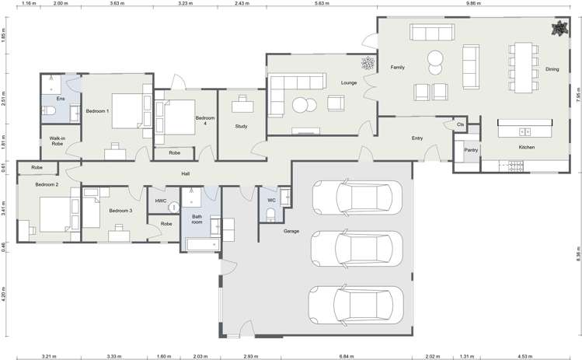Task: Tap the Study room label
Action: [241, 125]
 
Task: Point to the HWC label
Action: [161, 201]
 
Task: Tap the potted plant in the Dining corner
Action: [558, 30]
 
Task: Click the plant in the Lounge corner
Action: [367, 65]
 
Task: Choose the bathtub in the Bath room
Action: [200, 244]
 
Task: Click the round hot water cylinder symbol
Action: [174, 207]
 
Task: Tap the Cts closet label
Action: [460, 124]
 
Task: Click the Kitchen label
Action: [528, 146]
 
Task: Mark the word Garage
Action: [291, 231]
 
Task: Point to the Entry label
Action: [417, 138]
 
